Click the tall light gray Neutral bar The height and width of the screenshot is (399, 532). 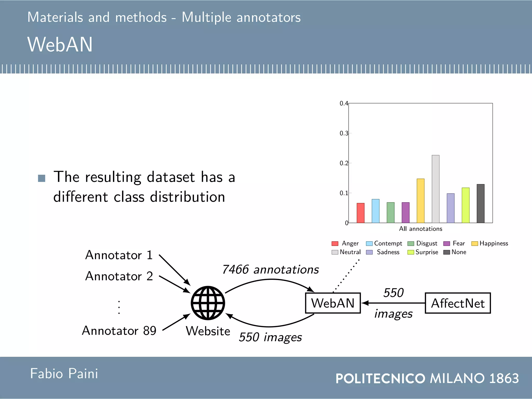click(x=436, y=189)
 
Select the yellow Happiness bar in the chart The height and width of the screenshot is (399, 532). click(x=421, y=201)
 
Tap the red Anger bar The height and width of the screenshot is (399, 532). click(x=361, y=213)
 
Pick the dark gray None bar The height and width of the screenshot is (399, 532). click(x=481, y=204)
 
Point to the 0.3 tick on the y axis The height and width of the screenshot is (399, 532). click(x=344, y=133)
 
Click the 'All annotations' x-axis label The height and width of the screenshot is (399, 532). click(x=421, y=229)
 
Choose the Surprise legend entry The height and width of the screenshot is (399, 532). click(x=423, y=252)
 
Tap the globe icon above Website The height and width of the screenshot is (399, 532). click(x=208, y=303)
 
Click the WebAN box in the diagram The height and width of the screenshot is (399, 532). click(x=333, y=303)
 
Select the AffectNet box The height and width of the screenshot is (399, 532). click(x=458, y=303)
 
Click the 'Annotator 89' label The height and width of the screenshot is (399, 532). click(x=119, y=331)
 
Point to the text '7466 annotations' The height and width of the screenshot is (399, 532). click(x=270, y=270)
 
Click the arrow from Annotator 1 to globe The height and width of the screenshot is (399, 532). click(x=175, y=270)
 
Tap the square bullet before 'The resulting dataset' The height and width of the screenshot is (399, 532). click(x=42, y=178)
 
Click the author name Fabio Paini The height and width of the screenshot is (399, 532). click(x=64, y=374)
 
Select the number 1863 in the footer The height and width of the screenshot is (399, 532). click(x=504, y=378)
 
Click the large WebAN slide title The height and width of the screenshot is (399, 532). click(x=60, y=44)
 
